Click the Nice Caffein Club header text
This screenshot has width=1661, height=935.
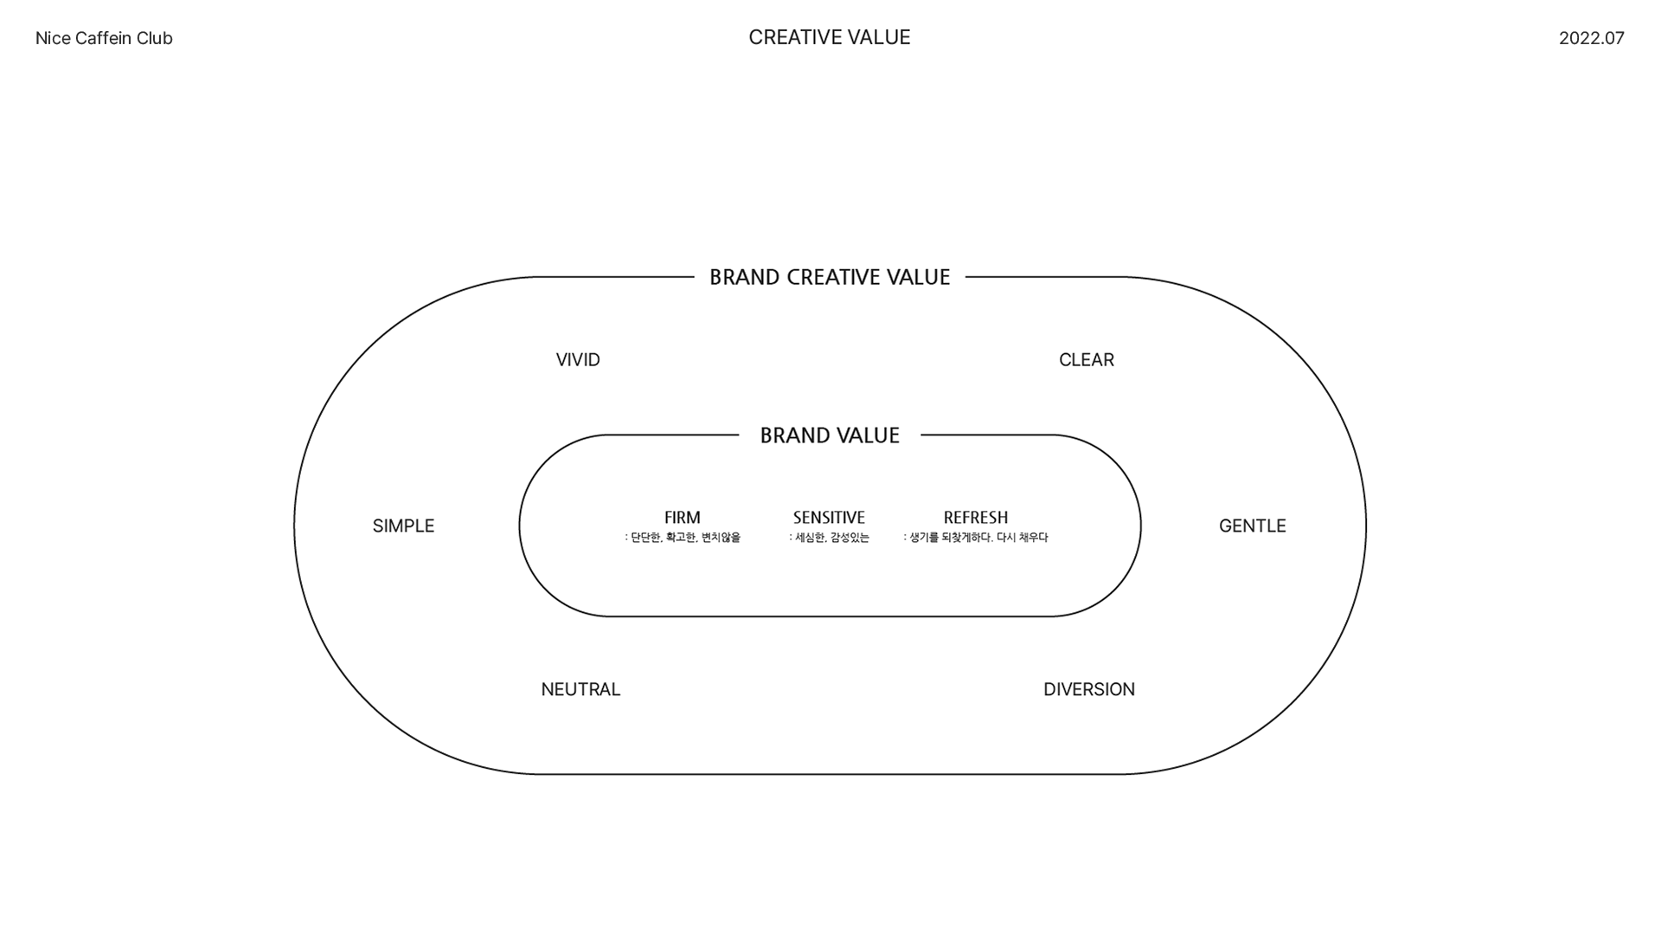104,38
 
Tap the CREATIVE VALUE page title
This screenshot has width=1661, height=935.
829,37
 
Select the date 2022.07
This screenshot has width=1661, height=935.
1591,38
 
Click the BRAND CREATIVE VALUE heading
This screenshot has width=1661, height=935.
830,277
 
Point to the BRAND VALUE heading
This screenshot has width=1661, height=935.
830,435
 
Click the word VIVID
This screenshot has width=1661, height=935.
578,360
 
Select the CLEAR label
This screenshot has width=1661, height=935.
1086,360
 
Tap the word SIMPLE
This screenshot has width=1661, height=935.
403,526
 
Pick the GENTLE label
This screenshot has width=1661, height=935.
1252,526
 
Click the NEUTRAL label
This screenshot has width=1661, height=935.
580,690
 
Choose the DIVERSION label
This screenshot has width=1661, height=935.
1088,690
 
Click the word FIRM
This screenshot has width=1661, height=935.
682,518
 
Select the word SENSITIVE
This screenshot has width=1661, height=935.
829,518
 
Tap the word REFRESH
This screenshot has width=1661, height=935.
975,518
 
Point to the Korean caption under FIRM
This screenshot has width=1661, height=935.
683,538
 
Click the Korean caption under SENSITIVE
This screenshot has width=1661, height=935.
829,538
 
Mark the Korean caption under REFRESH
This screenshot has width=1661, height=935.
976,538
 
